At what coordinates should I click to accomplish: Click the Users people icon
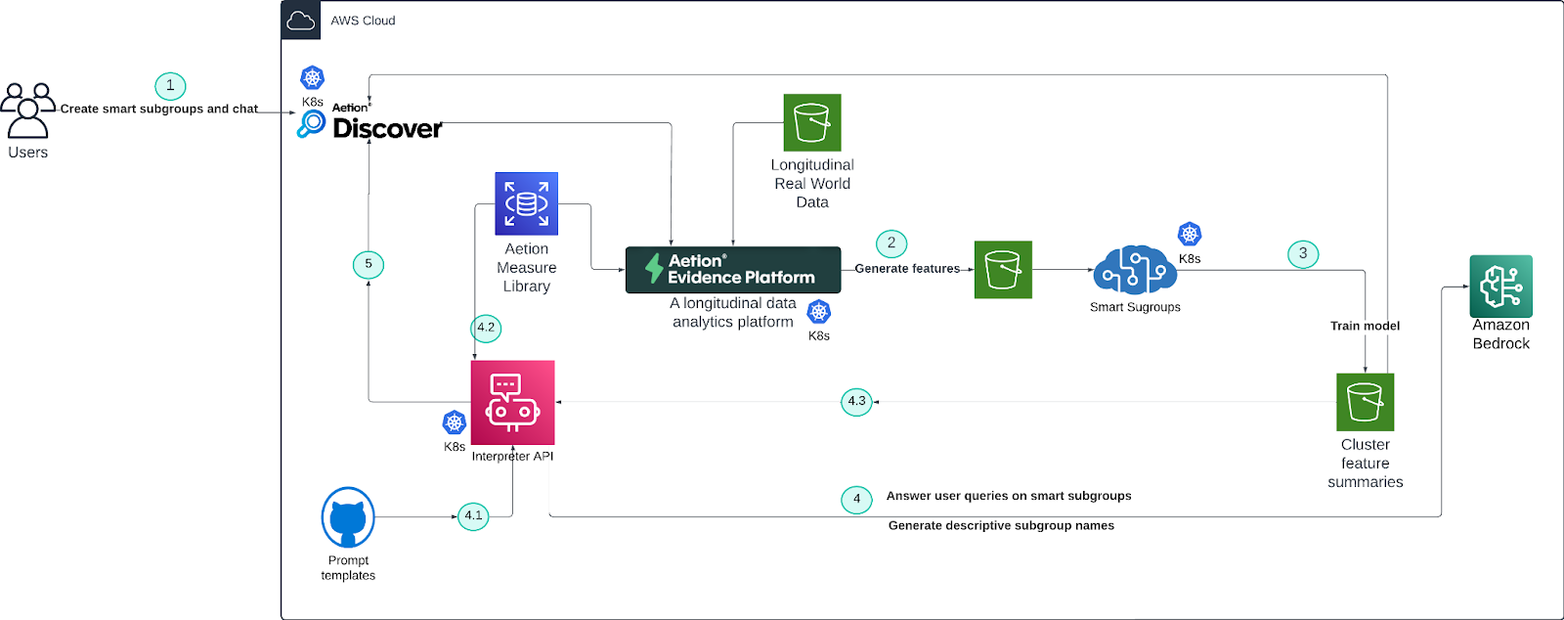click(x=27, y=110)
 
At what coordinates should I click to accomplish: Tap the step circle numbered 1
click(x=170, y=86)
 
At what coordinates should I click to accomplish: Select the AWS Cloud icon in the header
click(x=301, y=21)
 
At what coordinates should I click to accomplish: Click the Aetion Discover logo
click(x=371, y=123)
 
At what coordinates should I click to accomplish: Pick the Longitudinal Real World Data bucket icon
click(x=812, y=122)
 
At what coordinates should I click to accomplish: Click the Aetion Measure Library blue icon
click(x=526, y=203)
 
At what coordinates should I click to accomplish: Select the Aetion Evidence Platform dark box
click(x=733, y=270)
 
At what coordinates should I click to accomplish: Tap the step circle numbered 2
click(x=891, y=244)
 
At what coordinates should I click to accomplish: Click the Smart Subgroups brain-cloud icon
click(x=1134, y=270)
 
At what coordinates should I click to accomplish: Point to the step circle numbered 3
click(x=1303, y=254)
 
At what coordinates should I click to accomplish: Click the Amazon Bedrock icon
click(x=1500, y=286)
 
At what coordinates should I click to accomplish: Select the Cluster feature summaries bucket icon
click(x=1365, y=402)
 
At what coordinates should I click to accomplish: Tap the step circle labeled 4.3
click(x=856, y=402)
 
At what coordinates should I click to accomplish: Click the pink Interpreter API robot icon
click(x=512, y=402)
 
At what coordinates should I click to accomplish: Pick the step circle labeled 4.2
click(x=486, y=328)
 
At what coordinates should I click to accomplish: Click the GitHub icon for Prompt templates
click(x=348, y=517)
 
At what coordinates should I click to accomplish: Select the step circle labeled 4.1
click(x=473, y=515)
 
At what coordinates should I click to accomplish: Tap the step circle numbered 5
click(x=369, y=264)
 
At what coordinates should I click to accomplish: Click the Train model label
click(x=1365, y=326)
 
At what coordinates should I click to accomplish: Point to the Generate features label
click(x=907, y=269)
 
